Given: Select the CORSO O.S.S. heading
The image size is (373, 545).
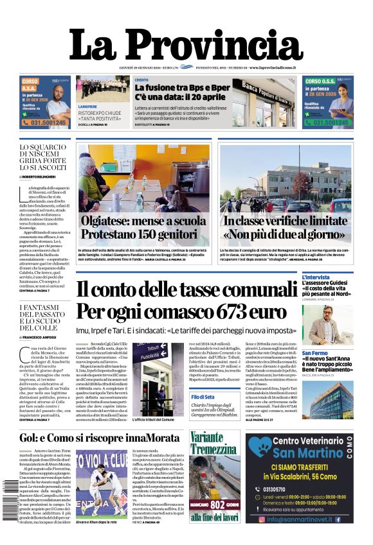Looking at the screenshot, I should tap(320, 82).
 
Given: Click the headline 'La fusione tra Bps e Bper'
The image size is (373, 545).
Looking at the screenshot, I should tap(182, 87).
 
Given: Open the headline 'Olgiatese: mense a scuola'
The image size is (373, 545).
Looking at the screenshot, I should tap(143, 221).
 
